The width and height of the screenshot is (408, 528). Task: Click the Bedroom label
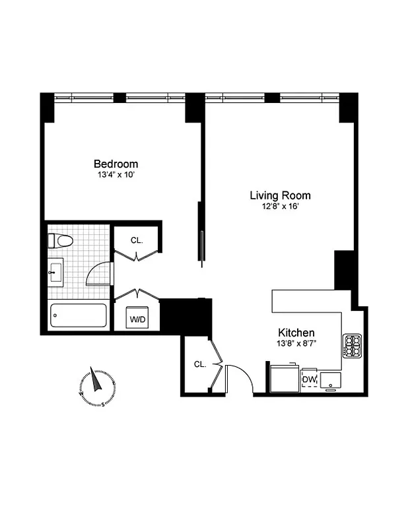(116, 164)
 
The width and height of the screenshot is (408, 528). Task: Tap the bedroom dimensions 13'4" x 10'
(116, 176)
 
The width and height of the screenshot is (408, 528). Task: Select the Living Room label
(279, 195)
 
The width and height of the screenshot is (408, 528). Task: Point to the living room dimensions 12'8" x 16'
(279, 207)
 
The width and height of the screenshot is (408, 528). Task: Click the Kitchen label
(296, 333)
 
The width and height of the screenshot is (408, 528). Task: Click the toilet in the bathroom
(59, 241)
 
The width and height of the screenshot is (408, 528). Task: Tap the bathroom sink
(55, 272)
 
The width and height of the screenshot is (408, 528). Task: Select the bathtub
(79, 315)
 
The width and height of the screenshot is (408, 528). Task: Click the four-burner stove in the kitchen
(351, 346)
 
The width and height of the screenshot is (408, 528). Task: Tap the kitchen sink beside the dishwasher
(331, 381)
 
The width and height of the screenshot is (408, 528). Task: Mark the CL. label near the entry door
(199, 364)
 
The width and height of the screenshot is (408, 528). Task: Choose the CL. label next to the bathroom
(137, 240)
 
